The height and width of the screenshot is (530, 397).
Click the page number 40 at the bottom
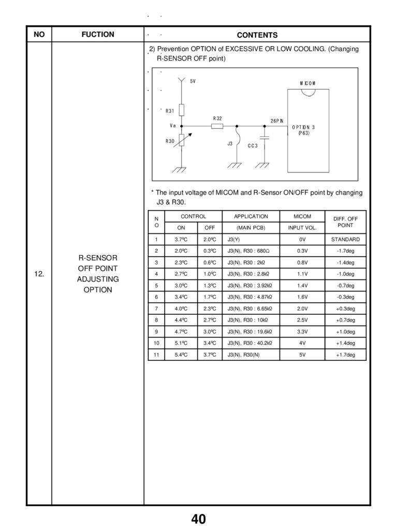pyautogui.click(x=198, y=519)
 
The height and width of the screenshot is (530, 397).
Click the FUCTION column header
pyautogui.click(x=98, y=35)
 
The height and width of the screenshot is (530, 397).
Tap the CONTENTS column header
pyautogui.click(x=257, y=35)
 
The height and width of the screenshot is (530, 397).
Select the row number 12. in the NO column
pyautogui.click(x=39, y=274)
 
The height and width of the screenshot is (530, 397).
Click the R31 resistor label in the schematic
pyautogui.click(x=170, y=111)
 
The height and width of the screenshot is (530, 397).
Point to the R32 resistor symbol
pyautogui.click(x=217, y=126)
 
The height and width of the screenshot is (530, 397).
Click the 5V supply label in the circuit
pyautogui.click(x=193, y=81)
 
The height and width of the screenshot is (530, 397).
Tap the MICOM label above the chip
pyautogui.click(x=307, y=83)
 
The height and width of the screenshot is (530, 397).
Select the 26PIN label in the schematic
pyautogui.click(x=277, y=121)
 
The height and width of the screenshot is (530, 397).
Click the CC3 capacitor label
pyautogui.click(x=253, y=145)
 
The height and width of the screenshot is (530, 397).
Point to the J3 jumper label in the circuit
pyautogui.click(x=230, y=143)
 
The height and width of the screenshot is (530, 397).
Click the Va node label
pyautogui.click(x=173, y=125)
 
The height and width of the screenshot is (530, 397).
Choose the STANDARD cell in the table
pyautogui.click(x=345, y=240)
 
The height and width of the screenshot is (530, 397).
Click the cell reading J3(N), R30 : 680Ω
pyautogui.click(x=249, y=251)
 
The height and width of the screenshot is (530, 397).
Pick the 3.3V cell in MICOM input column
pyautogui.click(x=302, y=332)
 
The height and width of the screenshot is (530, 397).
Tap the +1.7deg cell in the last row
pyautogui.click(x=345, y=355)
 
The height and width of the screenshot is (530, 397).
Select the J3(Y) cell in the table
pyautogui.click(x=233, y=240)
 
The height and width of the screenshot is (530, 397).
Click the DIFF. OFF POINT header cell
pyautogui.click(x=345, y=222)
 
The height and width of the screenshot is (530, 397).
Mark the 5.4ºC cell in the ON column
pyautogui.click(x=181, y=355)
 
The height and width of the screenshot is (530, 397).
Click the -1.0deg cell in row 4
pyautogui.click(x=345, y=274)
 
